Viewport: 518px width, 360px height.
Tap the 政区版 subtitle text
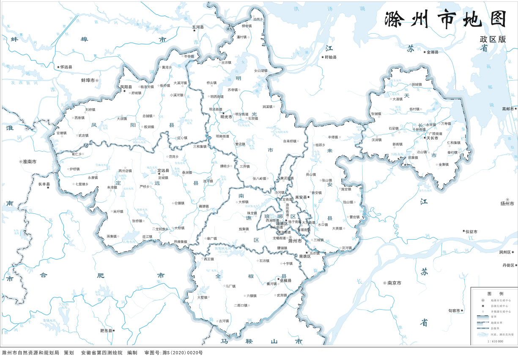(x=493, y=39)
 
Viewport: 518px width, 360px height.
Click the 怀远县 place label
(x=66, y=67)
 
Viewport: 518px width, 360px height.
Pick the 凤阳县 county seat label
(x=126, y=87)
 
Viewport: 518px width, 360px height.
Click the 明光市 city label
(x=226, y=117)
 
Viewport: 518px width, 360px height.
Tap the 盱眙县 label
(x=330, y=57)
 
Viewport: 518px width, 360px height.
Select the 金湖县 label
(x=432, y=52)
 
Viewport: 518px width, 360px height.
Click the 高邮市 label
(x=509, y=109)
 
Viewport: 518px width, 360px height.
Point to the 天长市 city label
(x=432, y=138)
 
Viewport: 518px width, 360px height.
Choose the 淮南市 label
(x=29, y=162)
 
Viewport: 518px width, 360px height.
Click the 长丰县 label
(x=44, y=184)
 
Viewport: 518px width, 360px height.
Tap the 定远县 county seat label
(x=163, y=171)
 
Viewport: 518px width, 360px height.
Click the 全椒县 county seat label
(x=285, y=280)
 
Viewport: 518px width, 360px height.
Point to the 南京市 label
(x=394, y=283)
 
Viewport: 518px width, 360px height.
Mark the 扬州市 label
(x=507, y=203)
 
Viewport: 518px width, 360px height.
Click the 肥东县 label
(x=106, y=330)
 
